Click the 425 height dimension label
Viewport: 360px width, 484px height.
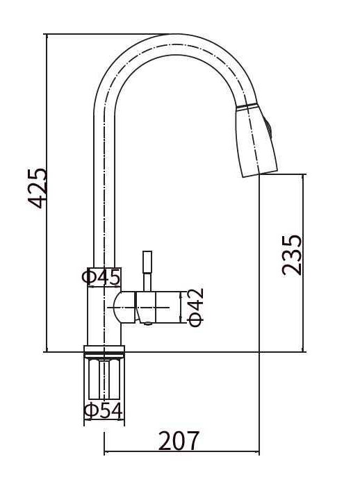click(x=38, y=188)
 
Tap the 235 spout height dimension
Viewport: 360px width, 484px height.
click(x=291, y=255)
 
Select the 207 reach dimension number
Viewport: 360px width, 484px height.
click(x=179, y=440)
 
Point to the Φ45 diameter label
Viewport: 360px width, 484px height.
click(x=101, y=276)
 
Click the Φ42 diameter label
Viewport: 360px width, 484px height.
click(x=196, y=308)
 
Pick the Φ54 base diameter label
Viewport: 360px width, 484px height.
click(x=104, y=411)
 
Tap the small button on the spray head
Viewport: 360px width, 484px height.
click(x=268, y=128)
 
